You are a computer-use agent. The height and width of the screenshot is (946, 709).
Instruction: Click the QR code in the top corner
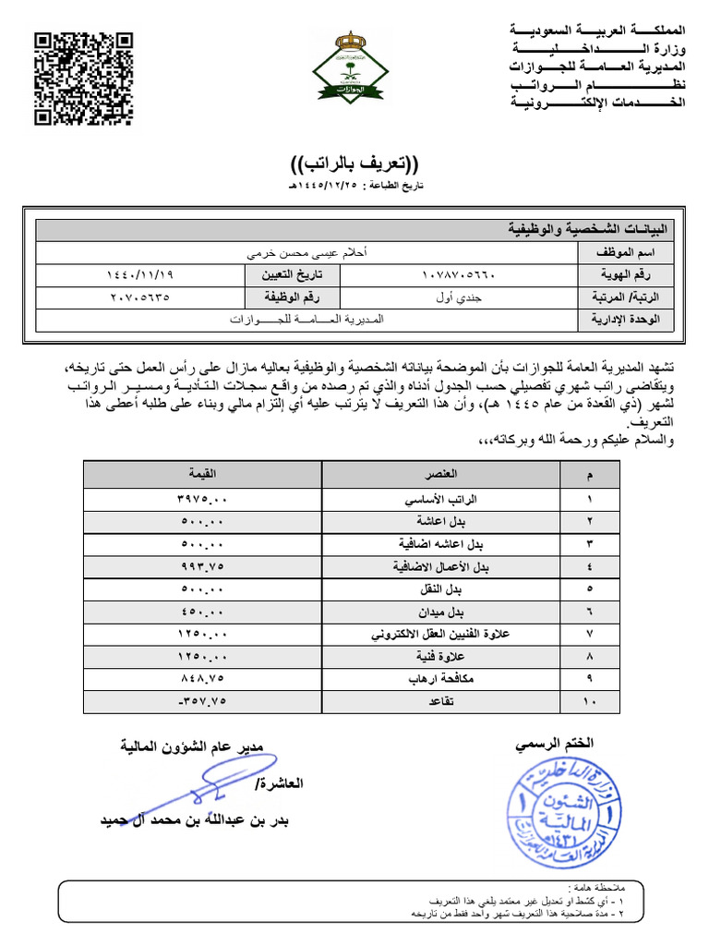tap(83, 79)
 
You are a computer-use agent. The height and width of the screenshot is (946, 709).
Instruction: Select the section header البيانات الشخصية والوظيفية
tap(592, 229)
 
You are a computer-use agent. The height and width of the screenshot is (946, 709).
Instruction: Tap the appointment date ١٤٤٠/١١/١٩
tap(140, 275)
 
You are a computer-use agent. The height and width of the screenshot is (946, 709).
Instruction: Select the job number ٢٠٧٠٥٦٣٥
tap(140, 297)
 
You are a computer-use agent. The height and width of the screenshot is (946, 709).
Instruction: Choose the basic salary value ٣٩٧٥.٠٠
tap(202, 500)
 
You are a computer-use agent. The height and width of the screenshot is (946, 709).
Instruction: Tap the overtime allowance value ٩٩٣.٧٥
tap(202, 567)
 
